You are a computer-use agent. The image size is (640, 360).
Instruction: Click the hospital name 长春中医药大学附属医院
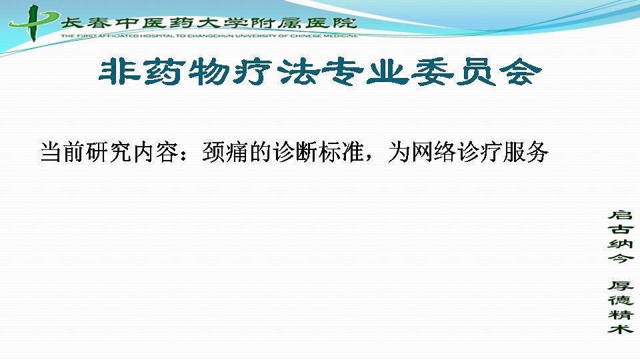[209, 23]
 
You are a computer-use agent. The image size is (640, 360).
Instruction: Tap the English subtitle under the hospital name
[209, 36]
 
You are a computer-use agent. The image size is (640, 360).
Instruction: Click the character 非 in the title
[119, 73]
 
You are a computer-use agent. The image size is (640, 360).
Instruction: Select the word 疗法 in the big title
[275, 73]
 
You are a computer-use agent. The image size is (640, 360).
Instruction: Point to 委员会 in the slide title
[476, 73]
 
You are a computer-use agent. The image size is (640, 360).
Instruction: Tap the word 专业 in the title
[364, 73]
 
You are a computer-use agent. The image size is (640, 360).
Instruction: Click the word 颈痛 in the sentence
[225, 152]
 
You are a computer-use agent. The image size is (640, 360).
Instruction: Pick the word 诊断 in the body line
[295, 152]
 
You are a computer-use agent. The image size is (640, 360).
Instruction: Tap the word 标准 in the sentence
[341, 152]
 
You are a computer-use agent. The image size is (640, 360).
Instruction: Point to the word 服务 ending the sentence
[526, 152]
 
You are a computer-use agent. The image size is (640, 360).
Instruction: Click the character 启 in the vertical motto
[621, 215]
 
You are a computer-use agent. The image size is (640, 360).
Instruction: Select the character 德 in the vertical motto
[621, 300]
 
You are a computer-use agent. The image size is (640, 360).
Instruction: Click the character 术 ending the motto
[621, 329]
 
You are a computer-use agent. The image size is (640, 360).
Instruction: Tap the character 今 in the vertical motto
[621, 258]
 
